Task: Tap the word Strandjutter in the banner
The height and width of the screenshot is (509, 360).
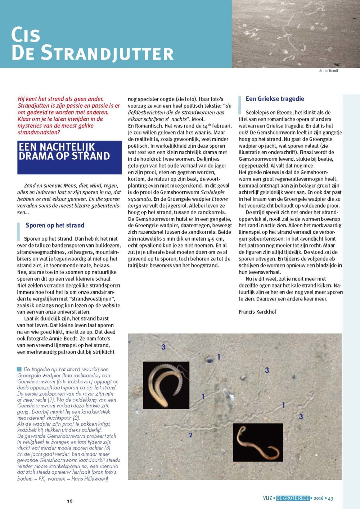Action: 107,53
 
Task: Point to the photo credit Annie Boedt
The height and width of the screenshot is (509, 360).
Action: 328,71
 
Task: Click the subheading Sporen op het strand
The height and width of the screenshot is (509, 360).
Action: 55,226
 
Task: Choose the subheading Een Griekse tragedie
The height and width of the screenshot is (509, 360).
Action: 275,99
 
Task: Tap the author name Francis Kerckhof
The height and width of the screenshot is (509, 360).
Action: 257,312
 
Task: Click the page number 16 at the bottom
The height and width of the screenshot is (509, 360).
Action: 69,501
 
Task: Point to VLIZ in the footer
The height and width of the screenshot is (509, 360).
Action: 267,498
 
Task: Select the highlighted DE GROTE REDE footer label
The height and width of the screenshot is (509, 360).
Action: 293,498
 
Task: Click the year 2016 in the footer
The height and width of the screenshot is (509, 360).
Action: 318,499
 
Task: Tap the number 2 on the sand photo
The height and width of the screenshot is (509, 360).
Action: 191,435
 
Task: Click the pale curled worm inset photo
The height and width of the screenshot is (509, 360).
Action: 166,385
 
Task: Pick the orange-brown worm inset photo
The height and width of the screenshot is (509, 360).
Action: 258,442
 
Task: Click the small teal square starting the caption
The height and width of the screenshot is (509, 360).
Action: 19,369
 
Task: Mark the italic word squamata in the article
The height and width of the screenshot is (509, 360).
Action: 139,199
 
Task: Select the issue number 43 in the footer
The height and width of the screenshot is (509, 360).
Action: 330,499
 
